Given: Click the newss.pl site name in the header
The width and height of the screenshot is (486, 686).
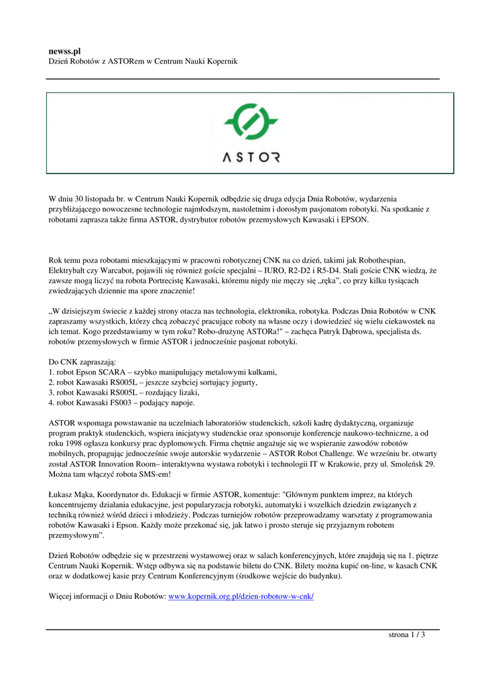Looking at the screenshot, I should click(64, 51).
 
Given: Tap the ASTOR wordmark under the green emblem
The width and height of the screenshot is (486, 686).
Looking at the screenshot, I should click(251, 158).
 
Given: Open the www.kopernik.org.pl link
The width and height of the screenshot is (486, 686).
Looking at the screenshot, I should click(241, 596).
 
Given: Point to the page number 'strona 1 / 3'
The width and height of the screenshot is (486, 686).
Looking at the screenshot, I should click(407, 635).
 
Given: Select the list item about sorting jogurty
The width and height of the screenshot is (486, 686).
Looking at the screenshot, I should click(153, 382).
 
